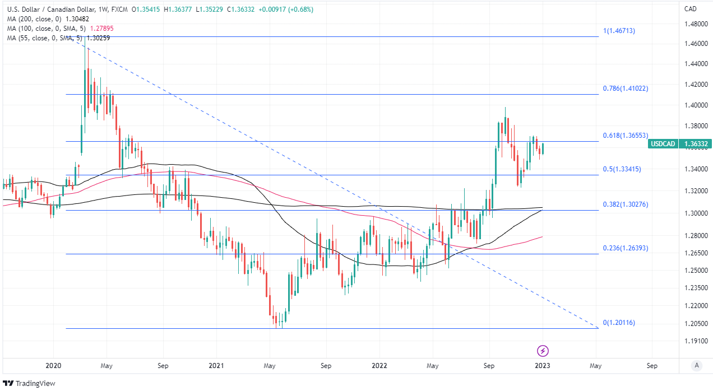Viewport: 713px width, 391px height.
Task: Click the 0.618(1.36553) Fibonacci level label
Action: click(624, 136)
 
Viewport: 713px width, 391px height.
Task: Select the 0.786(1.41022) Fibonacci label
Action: click(625, 89)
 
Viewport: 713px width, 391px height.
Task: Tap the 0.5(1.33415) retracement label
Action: click(622, 169)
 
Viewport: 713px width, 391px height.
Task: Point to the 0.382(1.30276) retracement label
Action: click(625, 204)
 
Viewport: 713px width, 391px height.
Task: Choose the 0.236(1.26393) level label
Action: click(625, 248)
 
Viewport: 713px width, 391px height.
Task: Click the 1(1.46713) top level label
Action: click(619, 31)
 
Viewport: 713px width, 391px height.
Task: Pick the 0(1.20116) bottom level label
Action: click(619, 323)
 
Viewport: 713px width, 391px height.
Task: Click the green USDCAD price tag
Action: click(662, 144)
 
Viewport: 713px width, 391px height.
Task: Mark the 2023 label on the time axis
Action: click(542, 366)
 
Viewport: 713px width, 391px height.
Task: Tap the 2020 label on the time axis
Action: click(53, 366)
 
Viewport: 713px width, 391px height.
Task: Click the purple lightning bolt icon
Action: click(543, 351)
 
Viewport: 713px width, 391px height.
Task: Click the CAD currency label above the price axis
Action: click(691, 8)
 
